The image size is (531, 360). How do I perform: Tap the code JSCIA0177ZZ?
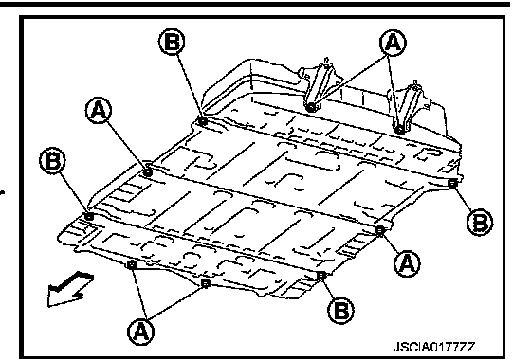tap(434, 347)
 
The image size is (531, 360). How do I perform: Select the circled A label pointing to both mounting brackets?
tap(393, 43)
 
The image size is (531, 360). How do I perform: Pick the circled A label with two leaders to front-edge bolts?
tap(140, 332)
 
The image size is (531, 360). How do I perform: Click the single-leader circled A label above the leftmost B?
tap(99, 110)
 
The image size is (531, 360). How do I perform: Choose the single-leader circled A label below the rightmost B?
tap(407, 263)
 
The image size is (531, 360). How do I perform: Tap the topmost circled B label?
tap(172, 42)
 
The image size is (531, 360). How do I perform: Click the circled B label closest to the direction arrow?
tap(52, 160)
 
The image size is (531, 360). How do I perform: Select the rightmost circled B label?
tap(480, 223)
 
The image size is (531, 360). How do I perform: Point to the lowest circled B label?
tap(340, 310)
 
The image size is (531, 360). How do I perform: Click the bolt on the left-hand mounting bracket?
tap(310, 107)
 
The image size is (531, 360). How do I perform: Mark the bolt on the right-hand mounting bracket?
tap(399, 129)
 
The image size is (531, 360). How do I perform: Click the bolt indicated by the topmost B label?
tap(203, 121)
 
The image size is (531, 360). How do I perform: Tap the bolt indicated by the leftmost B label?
tap(89, 216)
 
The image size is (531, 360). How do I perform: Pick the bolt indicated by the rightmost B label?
tap(453, 184)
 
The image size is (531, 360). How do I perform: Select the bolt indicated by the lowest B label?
tap(321, 276)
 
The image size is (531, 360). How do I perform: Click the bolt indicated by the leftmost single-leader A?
tap(148, 172)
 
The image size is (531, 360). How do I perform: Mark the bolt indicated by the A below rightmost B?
tap(380, 230)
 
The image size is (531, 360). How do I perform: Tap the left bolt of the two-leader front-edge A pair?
tap(132, 264)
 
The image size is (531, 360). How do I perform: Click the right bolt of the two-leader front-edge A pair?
tap(206, 283)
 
